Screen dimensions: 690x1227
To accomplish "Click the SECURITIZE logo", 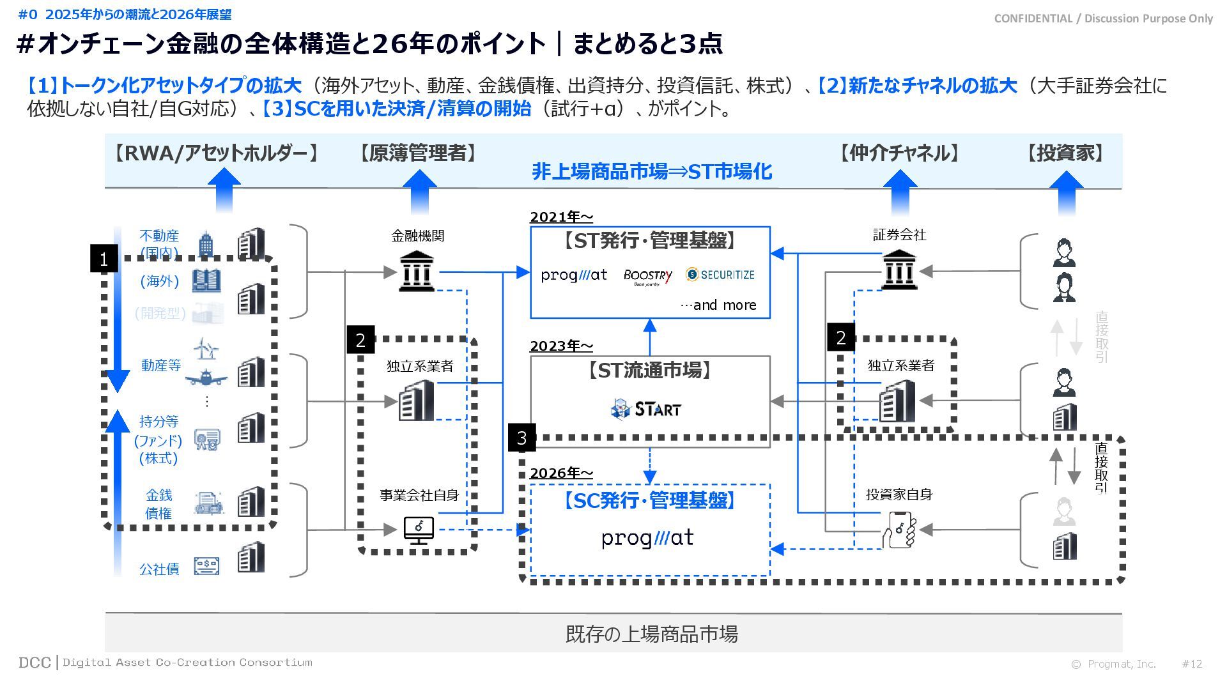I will point(720,275).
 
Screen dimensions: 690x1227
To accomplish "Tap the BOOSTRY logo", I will point(647,276).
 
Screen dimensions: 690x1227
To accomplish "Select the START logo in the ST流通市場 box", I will point(646,408).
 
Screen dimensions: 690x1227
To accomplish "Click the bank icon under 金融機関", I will point(416,271).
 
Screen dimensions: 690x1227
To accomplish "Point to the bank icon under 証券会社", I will point(899,270).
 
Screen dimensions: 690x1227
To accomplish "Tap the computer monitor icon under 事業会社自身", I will point(419,530).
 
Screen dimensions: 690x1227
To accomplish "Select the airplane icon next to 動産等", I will point(206,378).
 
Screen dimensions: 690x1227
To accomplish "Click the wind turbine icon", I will point(206,349).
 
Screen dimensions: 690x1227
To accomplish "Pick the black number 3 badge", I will point(521,438).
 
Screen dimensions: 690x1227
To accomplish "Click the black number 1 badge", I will point(104,259).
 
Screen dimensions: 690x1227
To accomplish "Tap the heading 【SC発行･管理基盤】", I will point(649,500).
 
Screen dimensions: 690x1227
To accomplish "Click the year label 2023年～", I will point(561,346).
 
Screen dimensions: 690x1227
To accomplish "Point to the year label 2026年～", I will point(561,473).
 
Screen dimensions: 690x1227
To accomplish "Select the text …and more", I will point(718,305).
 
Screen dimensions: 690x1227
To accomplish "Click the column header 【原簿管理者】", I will point(418,153).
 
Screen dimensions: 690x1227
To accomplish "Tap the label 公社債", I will point(159,569).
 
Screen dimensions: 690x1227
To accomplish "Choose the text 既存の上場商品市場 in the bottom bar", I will point(651,634).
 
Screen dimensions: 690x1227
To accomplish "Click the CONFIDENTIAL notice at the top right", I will point(1103,19).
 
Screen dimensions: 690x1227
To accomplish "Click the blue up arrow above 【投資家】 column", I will point(1066,192).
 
